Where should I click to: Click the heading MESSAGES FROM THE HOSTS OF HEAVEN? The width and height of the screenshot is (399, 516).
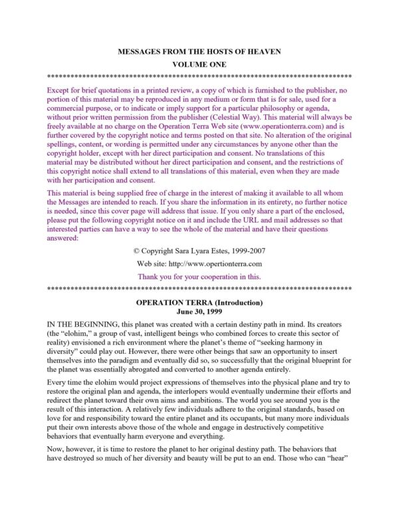click(199, 51)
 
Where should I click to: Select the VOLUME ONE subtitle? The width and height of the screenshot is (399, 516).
click(199, 64)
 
